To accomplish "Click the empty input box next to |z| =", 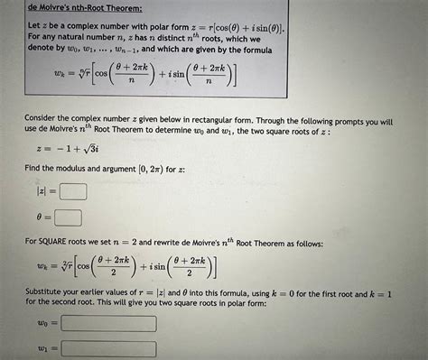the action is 73,191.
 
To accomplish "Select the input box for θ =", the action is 68,217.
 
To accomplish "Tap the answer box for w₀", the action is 105,322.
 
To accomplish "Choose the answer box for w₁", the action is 105,348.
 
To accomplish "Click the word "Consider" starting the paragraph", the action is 46,120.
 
